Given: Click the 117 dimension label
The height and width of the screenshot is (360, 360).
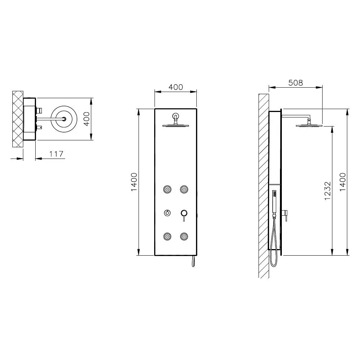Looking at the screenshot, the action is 56,154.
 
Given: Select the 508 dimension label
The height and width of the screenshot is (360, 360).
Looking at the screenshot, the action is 296,83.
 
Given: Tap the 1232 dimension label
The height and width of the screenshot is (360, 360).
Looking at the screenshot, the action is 328,191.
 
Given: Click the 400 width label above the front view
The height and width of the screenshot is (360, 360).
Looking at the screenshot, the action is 176,87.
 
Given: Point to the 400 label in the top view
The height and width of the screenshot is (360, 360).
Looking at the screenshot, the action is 87,119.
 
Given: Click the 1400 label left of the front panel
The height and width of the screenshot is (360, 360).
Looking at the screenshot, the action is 134,182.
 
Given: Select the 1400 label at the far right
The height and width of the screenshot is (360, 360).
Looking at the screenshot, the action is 343,182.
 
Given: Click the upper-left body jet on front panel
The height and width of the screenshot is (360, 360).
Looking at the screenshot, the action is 167,189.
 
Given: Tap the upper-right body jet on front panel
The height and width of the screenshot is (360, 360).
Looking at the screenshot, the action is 184,189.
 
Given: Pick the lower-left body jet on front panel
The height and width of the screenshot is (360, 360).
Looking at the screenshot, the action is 167,236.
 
